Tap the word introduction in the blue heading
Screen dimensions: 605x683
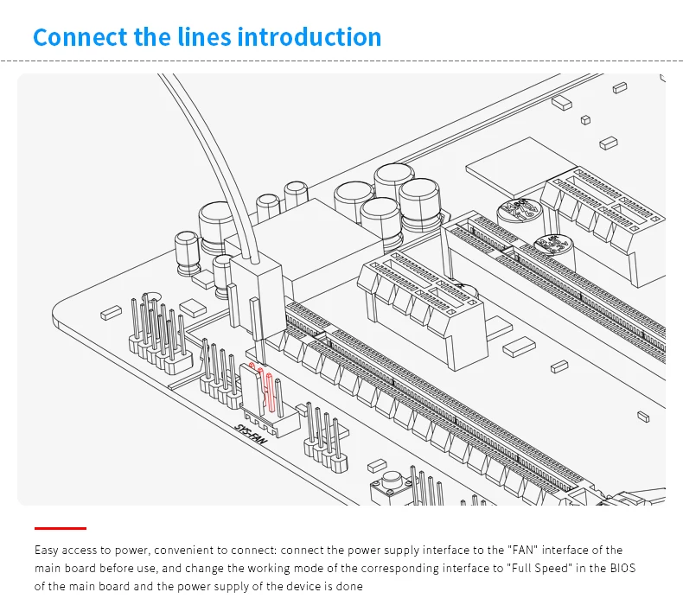309,38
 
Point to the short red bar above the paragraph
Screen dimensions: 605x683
61,527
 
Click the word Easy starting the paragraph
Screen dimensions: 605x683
47,551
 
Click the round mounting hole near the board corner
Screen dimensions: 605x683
152,298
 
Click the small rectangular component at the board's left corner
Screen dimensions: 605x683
110,313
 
